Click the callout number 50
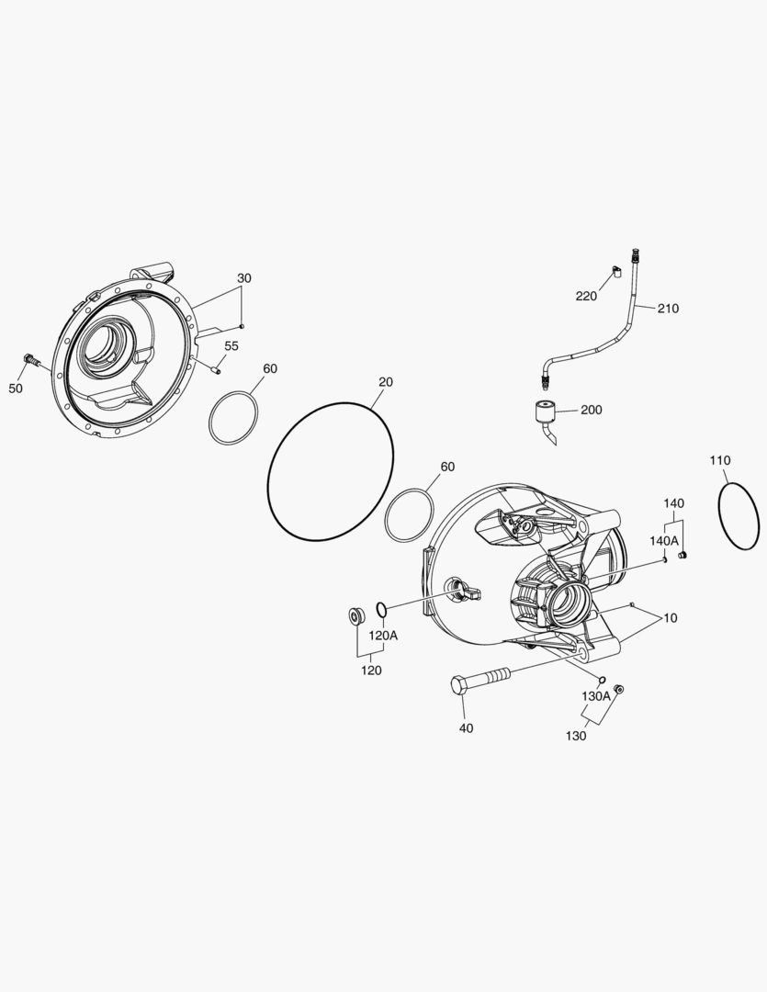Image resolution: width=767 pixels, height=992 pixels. (16, 389)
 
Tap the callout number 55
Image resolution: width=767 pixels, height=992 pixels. (231, 346)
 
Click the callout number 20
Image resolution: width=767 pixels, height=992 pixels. (385, 381)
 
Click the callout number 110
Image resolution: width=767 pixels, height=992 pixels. (719, 459)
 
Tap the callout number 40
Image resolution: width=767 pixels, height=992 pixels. (466, 728)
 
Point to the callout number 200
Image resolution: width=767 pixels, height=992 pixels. (591, 410)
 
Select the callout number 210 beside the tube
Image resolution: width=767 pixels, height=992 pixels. (668, 309)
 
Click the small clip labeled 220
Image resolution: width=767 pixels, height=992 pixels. (616, 270)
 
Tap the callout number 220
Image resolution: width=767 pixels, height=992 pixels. (586, 296)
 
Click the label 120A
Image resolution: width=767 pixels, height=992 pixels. (383, 636)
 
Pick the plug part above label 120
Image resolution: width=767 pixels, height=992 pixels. (354, 614)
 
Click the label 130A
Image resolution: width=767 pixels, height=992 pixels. (594, 696)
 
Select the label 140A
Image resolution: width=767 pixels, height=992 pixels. (663, 541)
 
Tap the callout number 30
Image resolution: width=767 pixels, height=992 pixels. (243, 278)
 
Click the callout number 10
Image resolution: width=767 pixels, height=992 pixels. (670, 618)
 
